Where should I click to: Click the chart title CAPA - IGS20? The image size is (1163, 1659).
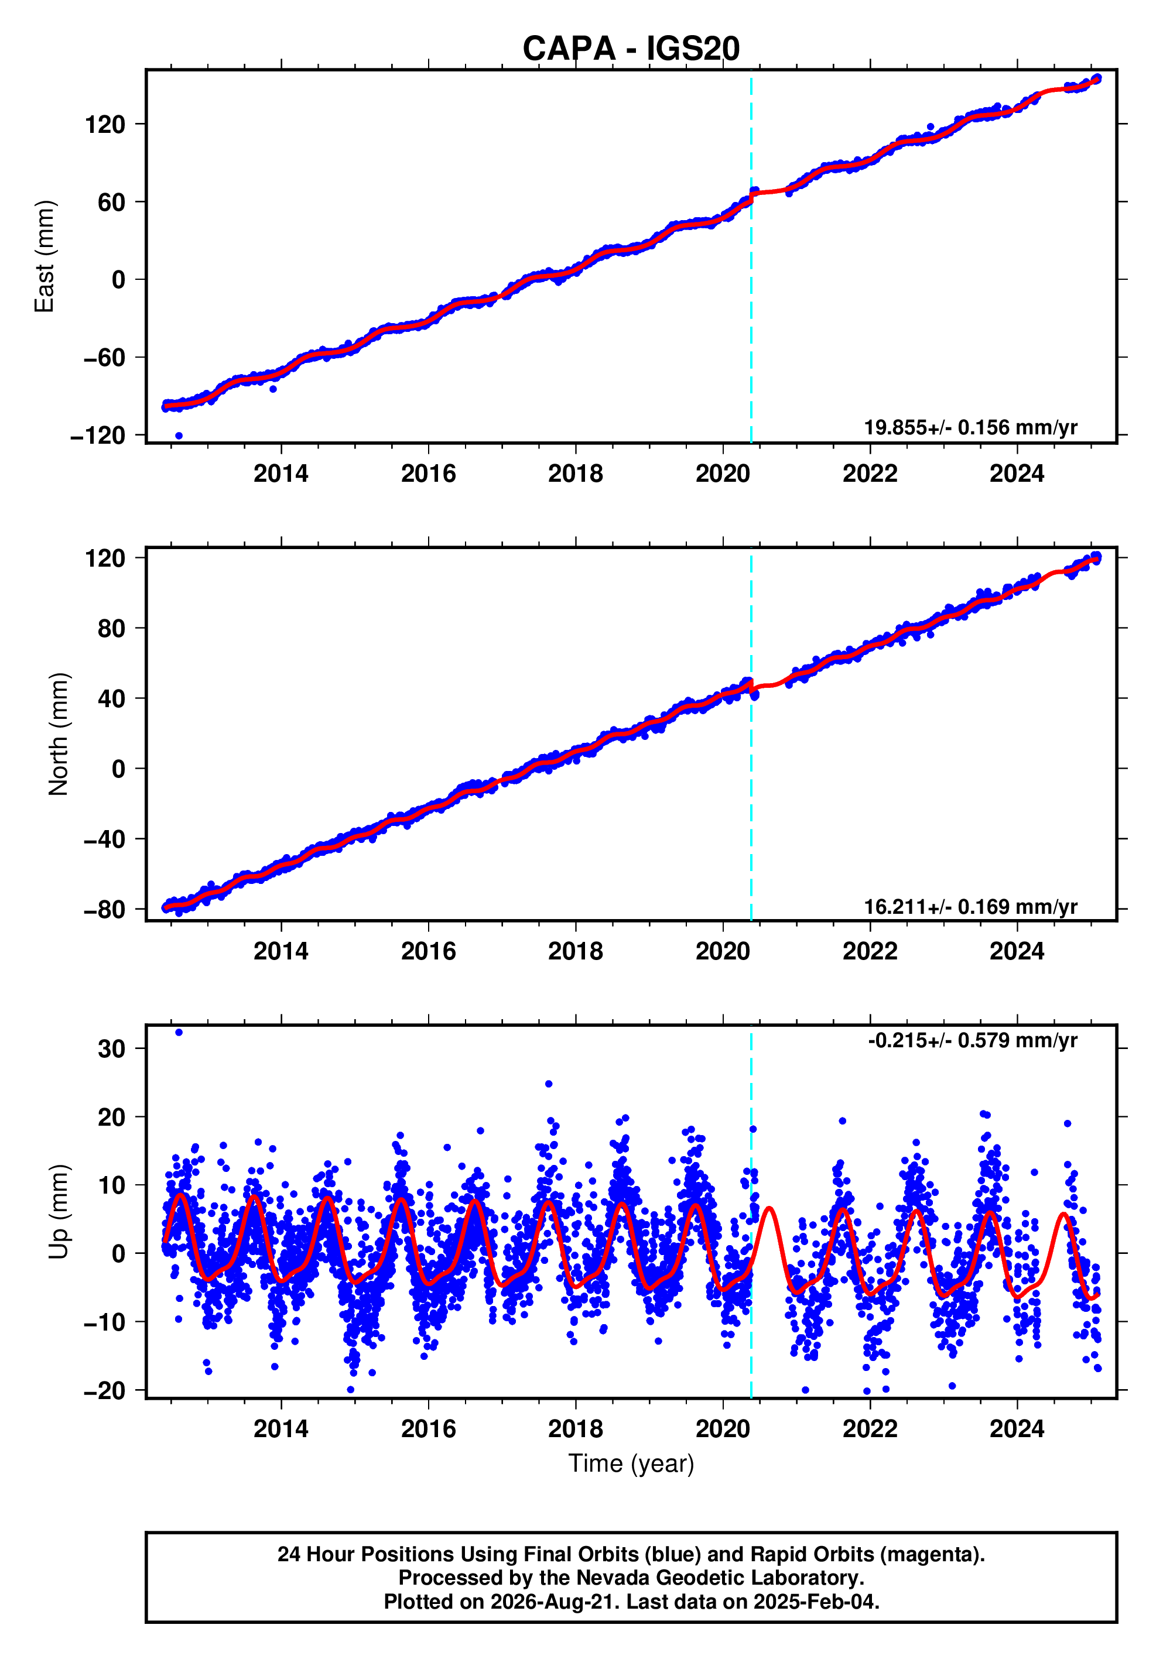tap(631, 49)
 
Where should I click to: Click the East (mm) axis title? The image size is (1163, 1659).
tap(44, 256)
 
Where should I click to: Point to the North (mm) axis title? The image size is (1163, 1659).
tap(58, 734)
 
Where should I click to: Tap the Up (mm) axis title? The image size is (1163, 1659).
tap(58, 1212)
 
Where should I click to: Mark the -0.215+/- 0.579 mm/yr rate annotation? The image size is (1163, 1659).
tap(972, 1040)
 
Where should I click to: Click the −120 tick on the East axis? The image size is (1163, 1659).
tap(98, 436)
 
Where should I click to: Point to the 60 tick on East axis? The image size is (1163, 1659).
tap(111, 203)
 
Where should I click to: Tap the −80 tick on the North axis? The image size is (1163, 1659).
tap(104, 909)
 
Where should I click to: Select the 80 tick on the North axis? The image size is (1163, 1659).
tap(111, 629)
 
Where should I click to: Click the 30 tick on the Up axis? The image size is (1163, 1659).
tap(111, 1048)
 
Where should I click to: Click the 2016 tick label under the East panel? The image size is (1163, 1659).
tap(429, 474)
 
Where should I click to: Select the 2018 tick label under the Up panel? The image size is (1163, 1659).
tap(576, 1429)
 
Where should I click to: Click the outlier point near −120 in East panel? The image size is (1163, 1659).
tap(179, 436)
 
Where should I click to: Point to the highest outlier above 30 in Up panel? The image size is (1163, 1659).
tap(179, 1033)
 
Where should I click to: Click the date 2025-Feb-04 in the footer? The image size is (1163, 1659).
tap(816, 1602)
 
